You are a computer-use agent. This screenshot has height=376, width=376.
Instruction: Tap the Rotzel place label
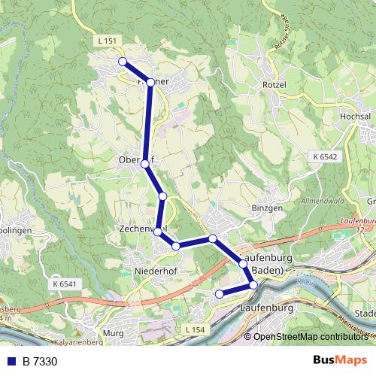[x=274, y=84]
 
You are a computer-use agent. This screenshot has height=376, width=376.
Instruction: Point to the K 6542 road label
[x=321, y=156]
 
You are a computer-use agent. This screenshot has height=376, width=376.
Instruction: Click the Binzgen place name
[x=267, y=207]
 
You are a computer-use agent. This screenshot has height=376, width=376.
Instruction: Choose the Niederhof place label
[x=154, y=269]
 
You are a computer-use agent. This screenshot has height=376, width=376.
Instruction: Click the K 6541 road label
[x=65, y=284]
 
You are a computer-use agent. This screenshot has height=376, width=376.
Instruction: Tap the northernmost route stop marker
[x=122, y=61]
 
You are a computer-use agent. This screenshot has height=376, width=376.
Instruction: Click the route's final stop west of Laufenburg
[x=219, y=294]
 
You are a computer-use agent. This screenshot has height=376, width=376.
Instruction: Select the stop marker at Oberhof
[x=145, y=162]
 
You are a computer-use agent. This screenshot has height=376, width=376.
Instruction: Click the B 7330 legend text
[x=39, y=362]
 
